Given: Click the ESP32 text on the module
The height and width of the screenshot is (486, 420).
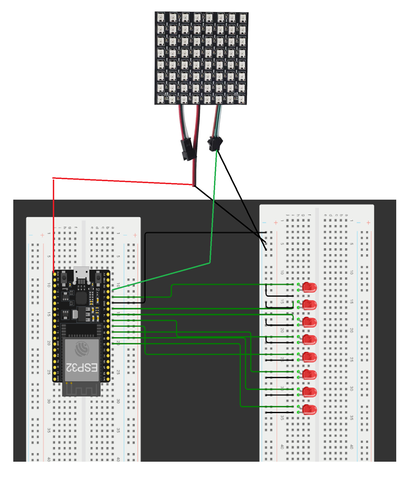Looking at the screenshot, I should (82, 368).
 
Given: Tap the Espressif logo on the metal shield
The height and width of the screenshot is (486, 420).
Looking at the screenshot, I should (82, 349).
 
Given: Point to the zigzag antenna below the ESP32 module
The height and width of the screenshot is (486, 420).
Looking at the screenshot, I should (81, 390).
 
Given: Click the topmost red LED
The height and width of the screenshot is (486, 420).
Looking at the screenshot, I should (309, 287).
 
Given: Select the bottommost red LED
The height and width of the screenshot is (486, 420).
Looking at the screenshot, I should (309, 410).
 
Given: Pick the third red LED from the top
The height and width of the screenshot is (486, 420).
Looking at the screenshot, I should (309, 322).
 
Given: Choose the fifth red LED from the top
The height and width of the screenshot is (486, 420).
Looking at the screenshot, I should (309, 357).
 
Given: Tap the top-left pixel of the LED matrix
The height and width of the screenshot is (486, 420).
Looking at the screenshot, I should (161, 17).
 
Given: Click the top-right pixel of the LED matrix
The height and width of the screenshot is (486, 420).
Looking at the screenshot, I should (243, 18).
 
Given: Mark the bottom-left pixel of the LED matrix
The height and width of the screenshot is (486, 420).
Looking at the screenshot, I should (161, 99).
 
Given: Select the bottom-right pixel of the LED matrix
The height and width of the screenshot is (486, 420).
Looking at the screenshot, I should (241, 99).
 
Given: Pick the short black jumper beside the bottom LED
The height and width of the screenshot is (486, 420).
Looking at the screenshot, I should (279, 412).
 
